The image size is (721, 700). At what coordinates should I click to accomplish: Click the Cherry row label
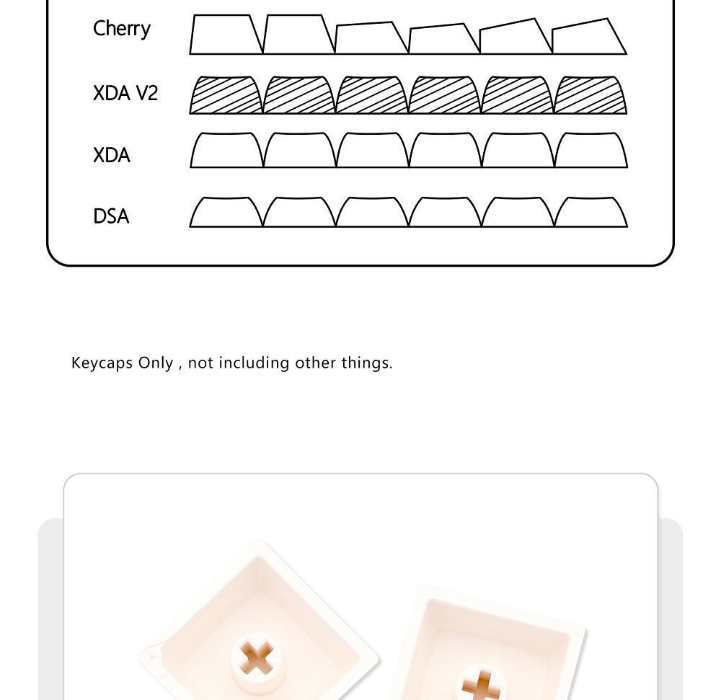coord(121,29)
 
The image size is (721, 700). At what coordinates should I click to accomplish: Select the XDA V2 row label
coord(125,93)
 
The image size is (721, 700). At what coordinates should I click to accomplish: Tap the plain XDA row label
coord(111,155)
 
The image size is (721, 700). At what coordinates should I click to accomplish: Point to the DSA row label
coord(111,216)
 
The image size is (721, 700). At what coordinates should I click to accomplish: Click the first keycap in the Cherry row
coord(226,35)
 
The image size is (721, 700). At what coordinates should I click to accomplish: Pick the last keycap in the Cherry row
coord(588,37)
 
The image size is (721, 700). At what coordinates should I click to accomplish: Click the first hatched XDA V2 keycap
coord(226,95)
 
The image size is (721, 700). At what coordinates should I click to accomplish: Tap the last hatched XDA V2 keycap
coord(590,95)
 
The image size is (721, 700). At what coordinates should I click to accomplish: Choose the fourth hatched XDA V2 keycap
coord(444,95)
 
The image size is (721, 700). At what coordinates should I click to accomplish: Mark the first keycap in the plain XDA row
coord(226,150)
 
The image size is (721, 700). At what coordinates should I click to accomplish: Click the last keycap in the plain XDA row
coord(591,150)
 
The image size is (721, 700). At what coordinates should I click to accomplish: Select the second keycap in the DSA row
coord(299,213)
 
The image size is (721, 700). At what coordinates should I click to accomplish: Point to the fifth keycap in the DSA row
coord(518,213)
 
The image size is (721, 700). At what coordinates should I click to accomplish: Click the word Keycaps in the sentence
coord(102,363)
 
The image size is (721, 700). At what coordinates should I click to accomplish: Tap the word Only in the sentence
coord(156,363)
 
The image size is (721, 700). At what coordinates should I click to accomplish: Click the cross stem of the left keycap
coord(257,658)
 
